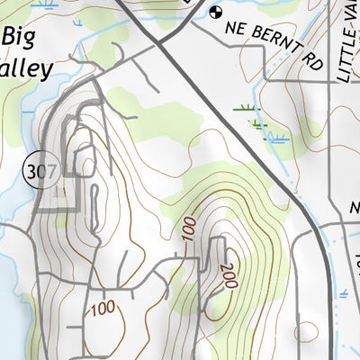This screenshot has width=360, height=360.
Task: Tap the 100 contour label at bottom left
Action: (x=102, y=309)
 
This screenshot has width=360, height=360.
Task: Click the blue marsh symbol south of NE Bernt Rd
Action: (x=277, y=138)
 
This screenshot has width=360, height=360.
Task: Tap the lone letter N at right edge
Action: (x=354, y=208)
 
